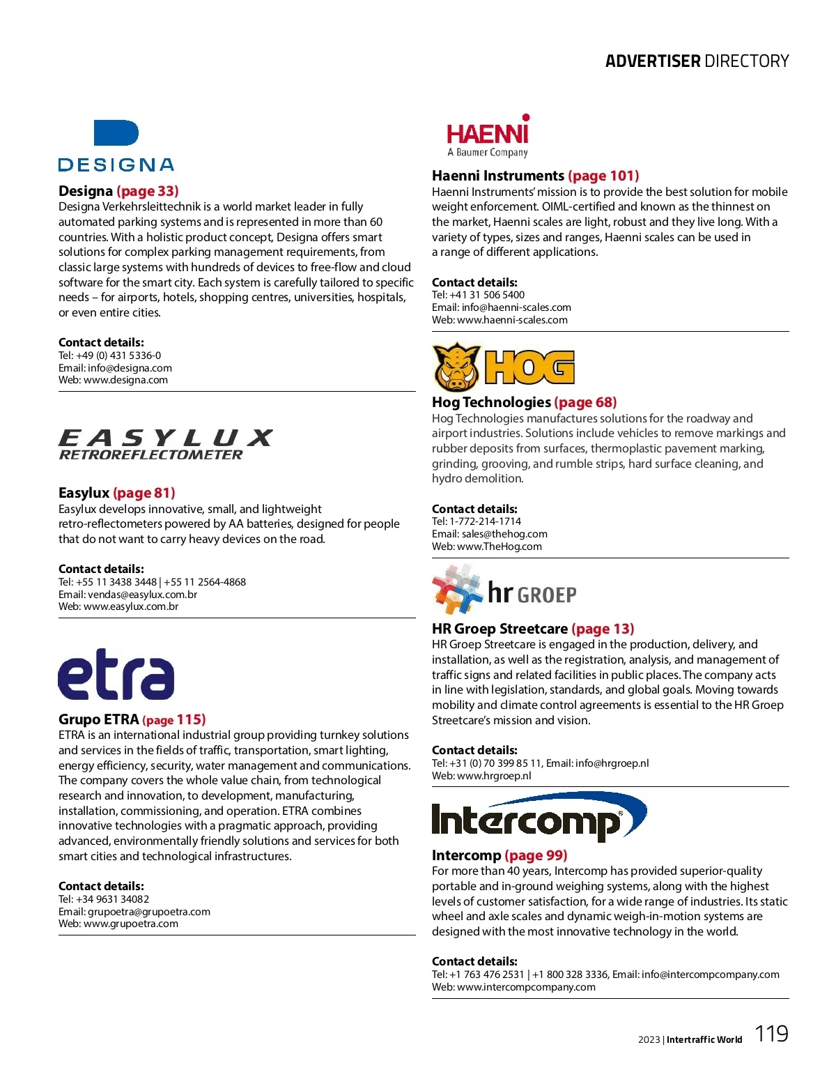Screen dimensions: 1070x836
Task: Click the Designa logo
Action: [x=116, y=146]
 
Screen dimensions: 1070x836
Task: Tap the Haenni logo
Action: [x=488, y=136]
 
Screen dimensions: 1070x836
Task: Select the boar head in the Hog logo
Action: [x=456, y=367]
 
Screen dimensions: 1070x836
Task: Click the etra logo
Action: [x=116, y=674]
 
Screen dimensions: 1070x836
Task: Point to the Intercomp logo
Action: [x=539, y=817]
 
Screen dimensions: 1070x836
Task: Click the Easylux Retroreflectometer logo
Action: [x=164, y=445]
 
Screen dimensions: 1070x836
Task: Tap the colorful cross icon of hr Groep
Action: [x=456, y=590]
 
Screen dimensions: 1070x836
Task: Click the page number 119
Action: [x=771, y=1033]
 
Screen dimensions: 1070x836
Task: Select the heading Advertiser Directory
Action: [x=697, y=61]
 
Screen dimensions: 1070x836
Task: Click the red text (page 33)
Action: [x=148, y=191]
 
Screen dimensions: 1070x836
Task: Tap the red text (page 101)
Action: [x=603, y=176]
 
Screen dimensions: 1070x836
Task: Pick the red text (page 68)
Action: [x=585, y=402]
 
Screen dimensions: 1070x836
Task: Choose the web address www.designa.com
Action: [x=125, y=381]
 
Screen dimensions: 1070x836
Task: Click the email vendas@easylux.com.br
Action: [x=142, y=595]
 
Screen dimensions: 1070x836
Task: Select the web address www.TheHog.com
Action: [x=499, y=547]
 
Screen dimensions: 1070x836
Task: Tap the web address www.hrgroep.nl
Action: [x=494, y=776]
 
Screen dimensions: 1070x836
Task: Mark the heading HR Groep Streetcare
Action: [x=500, y=629]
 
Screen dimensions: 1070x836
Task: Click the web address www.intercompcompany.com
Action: [x=526, y=987]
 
